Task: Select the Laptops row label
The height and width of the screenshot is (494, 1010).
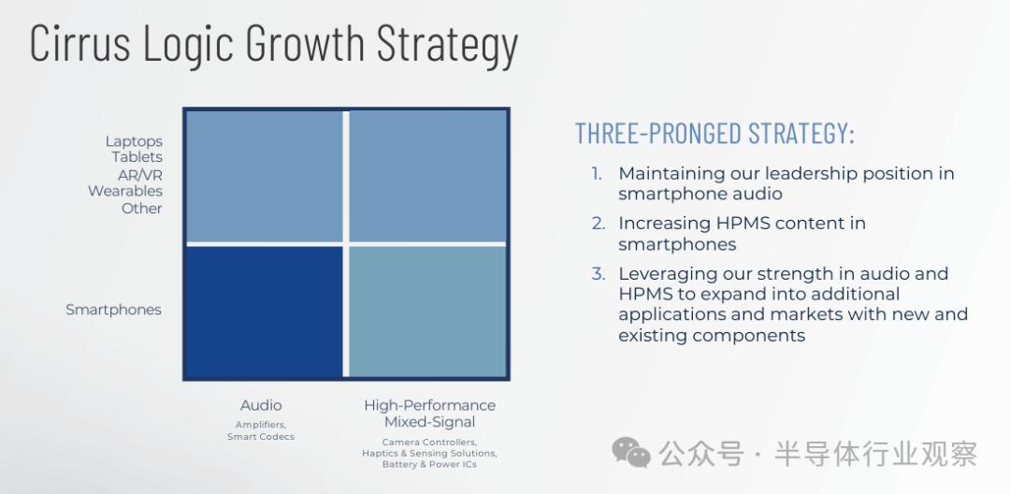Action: click(x=134, y=141)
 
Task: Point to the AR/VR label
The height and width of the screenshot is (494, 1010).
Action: click(x=139, y=175)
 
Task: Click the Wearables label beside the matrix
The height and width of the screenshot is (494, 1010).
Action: click(x=125, y=191)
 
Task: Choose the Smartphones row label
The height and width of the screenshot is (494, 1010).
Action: click(x=113, y=310)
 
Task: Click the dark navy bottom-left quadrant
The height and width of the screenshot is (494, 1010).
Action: click(x=264, y=311)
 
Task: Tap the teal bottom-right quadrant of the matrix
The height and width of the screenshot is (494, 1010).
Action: click(x=427, y=311)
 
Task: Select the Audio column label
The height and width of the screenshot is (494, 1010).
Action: click(x=261, y=405)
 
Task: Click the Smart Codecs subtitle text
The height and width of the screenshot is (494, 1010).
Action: click(x=261, y=437)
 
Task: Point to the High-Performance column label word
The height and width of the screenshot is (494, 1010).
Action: click(x=429, y=405)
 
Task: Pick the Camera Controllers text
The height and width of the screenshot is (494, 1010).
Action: click(x=429, y=443)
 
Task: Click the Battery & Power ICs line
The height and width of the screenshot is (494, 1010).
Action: click(x=429, y=464)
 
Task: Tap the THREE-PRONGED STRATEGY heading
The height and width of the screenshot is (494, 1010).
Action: click(x=715, y=133)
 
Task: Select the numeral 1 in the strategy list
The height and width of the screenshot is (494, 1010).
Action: click(x=597, y=174)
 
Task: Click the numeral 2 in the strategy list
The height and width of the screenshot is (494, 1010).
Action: click(x=599, y=224)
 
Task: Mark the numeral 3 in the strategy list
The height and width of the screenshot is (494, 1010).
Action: click(x=599, y=274)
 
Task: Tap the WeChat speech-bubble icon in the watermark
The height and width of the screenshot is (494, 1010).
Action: click(x=631, y=452)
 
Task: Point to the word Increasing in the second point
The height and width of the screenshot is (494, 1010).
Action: click(x=665, y=225)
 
